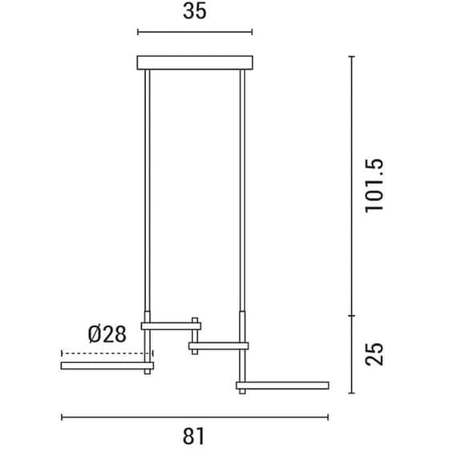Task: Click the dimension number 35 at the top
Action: pyautogui.click(x=194, y=11)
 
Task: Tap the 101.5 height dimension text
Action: pyautogui.click(x=374, y=185)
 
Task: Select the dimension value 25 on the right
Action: pyautogui.click(x=374, y=354)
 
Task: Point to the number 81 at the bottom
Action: pyautogui.click(x=194, y=436)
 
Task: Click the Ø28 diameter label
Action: pyautogui.click(x=107, y=334)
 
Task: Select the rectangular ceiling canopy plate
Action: pyautogui.click(x=195, y=63)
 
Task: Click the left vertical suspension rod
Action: pyautogui.click(x=148, y=191)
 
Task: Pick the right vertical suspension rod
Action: pyautogui.click(x=242, y=191)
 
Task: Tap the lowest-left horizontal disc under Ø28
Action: pyautogui.click(x=107, y=366)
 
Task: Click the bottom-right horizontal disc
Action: pyautogui.click(x=282, y=386)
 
